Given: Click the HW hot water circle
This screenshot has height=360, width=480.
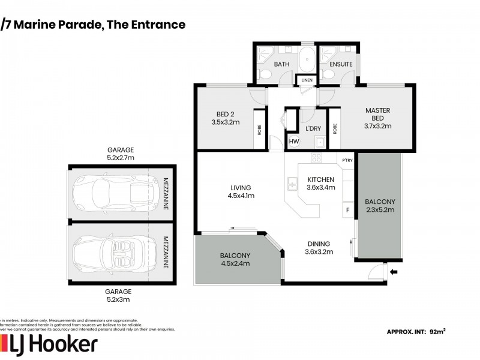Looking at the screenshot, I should (x=294, y=142).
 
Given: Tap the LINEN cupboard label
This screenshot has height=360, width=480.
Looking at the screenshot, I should (x=307, y=80).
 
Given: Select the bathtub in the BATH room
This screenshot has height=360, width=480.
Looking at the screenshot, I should (x=307, y=62).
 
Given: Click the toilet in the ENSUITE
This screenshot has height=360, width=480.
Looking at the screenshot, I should (x=328, y=74).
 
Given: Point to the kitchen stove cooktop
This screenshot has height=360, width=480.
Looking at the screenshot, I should (x=316, y=158).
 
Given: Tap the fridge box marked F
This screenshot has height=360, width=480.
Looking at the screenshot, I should (x=347, y=210).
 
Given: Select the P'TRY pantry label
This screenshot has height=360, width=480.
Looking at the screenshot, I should (x=346, y=161).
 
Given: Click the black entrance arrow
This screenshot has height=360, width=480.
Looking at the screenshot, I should (x=394, y=273).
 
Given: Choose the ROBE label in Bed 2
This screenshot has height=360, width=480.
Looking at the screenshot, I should (x=259, y=128).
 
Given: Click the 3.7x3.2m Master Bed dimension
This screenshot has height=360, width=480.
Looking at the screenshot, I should (x=377, y=126).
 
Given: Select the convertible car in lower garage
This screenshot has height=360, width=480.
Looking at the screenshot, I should (x=108, y=251).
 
